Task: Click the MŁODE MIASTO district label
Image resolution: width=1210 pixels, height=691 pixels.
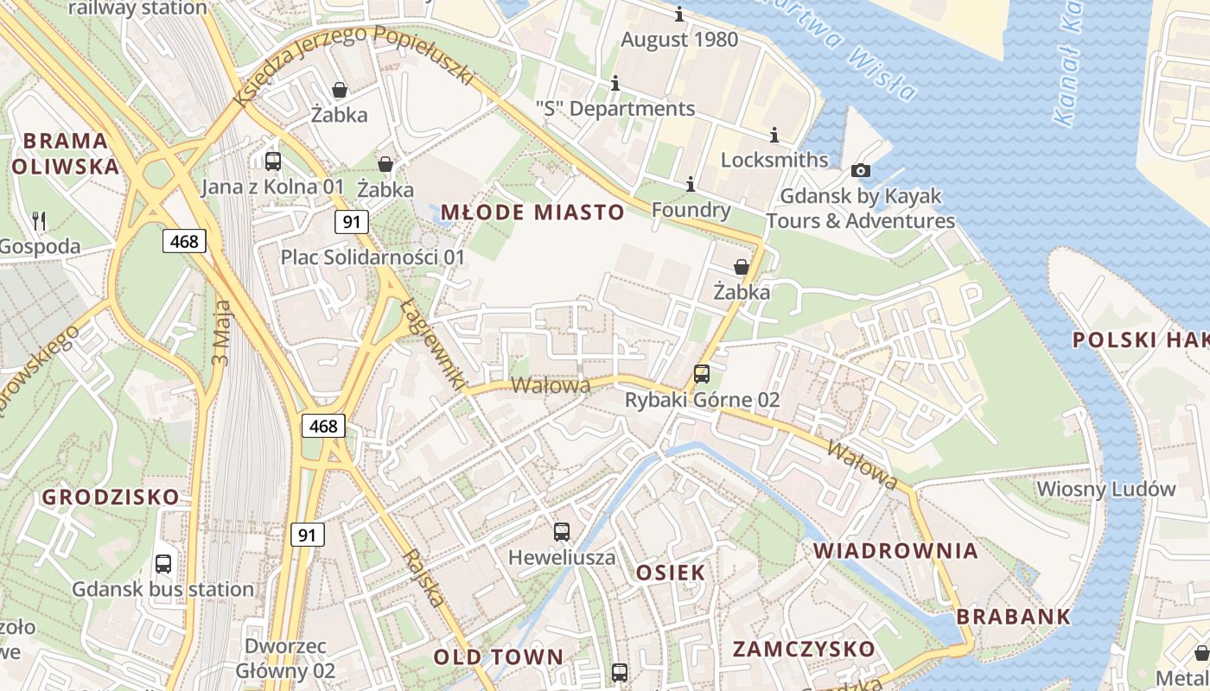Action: pos(532,212)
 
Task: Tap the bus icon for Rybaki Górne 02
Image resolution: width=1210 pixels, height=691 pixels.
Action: pos(702,374)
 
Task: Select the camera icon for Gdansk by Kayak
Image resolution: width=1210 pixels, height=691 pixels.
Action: pos(861,171)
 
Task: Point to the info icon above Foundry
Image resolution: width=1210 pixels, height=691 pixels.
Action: pos(690,184)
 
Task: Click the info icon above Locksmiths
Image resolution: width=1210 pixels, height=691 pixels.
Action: pos(774,135)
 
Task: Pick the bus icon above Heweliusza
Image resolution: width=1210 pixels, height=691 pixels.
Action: pos(562,531)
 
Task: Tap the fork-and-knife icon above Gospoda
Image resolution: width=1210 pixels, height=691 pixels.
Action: pos(38,220)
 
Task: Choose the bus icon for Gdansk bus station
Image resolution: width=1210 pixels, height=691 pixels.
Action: pos(163,564)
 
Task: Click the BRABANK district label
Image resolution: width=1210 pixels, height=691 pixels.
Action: pos(1014,617)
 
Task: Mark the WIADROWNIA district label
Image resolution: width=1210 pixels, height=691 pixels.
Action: pos(895,550)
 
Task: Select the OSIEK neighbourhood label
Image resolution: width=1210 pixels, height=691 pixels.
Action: pos(671,572)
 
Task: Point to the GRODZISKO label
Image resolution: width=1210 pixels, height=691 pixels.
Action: pos(111,497)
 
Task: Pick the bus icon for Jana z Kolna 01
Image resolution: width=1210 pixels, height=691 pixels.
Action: pos(273,161)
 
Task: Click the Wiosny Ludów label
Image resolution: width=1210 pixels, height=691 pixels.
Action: pos(1094,488)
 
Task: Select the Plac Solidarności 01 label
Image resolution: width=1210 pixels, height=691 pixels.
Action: pos(373,257)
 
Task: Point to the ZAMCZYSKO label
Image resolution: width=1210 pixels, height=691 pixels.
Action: pos(804,649)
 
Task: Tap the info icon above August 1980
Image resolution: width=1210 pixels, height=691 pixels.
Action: pos(679,15)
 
